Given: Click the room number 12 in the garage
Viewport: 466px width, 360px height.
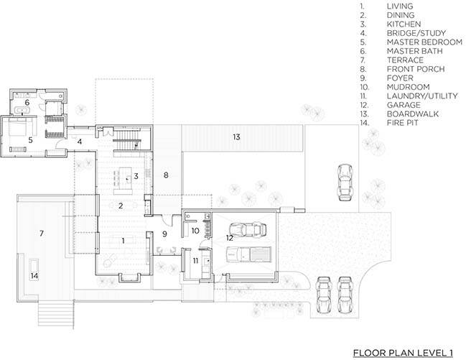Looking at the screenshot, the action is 230,238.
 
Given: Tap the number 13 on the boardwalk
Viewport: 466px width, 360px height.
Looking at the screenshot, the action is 236,137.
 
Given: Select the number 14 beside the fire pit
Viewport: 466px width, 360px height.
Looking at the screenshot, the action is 34,276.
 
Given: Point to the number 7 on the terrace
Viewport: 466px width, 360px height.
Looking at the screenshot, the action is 42,234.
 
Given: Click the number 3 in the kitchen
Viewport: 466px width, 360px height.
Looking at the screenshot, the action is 136,176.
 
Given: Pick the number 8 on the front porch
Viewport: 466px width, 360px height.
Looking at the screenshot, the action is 166,175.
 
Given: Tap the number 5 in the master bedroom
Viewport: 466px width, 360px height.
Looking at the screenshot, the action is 30,140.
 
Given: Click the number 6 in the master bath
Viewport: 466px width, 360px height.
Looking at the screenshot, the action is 27,103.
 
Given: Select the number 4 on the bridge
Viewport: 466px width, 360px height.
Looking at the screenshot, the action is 80,142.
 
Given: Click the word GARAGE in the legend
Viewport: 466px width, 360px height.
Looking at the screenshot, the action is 404,105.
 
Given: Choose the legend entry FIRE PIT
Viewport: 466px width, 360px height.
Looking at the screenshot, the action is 402,123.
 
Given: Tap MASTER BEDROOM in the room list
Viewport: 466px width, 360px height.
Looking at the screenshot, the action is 424,42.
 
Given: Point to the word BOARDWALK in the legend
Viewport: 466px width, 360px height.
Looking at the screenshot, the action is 413,114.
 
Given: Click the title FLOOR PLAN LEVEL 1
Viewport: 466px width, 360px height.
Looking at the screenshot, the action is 403,353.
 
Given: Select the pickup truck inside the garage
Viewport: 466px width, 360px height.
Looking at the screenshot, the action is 248,254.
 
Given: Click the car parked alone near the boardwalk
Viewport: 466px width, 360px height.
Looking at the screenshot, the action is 345,182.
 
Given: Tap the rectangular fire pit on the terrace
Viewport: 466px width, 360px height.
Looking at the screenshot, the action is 34,265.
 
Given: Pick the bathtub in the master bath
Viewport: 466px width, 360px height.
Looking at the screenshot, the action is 22,111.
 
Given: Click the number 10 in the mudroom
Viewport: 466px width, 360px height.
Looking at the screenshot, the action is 195,231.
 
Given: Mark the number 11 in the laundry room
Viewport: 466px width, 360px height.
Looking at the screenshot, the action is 195,261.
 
